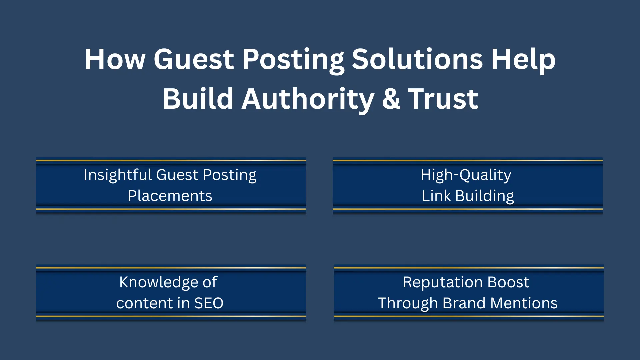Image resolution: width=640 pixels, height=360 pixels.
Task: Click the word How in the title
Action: tap(115, 59)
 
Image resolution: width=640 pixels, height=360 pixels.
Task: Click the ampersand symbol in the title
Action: tap(391, 99)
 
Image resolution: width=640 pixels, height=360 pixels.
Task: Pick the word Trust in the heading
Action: tap(443, 99)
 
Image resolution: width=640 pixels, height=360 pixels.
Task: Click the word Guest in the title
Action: tap(194, 59)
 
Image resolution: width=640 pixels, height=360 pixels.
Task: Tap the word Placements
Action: tap(170, 196)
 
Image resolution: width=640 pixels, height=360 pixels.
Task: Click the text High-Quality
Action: tap(466, 175)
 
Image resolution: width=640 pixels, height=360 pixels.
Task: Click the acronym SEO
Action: tap(209, 303)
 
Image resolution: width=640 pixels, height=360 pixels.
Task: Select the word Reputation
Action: tap(443, 283)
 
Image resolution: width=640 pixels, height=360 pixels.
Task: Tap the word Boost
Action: tap(508, 282)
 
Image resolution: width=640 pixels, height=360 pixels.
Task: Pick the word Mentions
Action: tap(524, 303)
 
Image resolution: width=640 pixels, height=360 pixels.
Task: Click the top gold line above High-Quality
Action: tap(468, 161)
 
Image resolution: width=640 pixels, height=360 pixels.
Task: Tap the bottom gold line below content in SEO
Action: tap(171, 316)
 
